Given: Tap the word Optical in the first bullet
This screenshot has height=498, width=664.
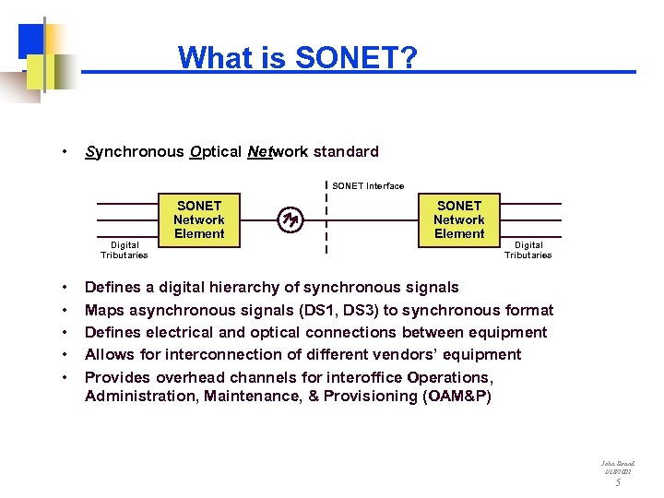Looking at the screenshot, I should pos(216,151).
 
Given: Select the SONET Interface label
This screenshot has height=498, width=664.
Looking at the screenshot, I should pos(368,186).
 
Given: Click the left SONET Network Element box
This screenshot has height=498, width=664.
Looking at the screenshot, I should pos(199,219).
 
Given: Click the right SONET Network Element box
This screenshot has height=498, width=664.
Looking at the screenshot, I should pos(459,219).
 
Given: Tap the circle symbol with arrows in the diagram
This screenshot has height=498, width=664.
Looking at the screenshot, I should pos(291,219).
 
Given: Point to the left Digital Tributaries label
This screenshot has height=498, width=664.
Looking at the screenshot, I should pos(125,250).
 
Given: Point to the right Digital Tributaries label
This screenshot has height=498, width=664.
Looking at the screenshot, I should pos(528,250).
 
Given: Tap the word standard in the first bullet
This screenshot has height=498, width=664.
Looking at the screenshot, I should pos(345,151).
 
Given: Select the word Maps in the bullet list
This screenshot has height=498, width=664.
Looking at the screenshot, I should pos(104,310).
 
